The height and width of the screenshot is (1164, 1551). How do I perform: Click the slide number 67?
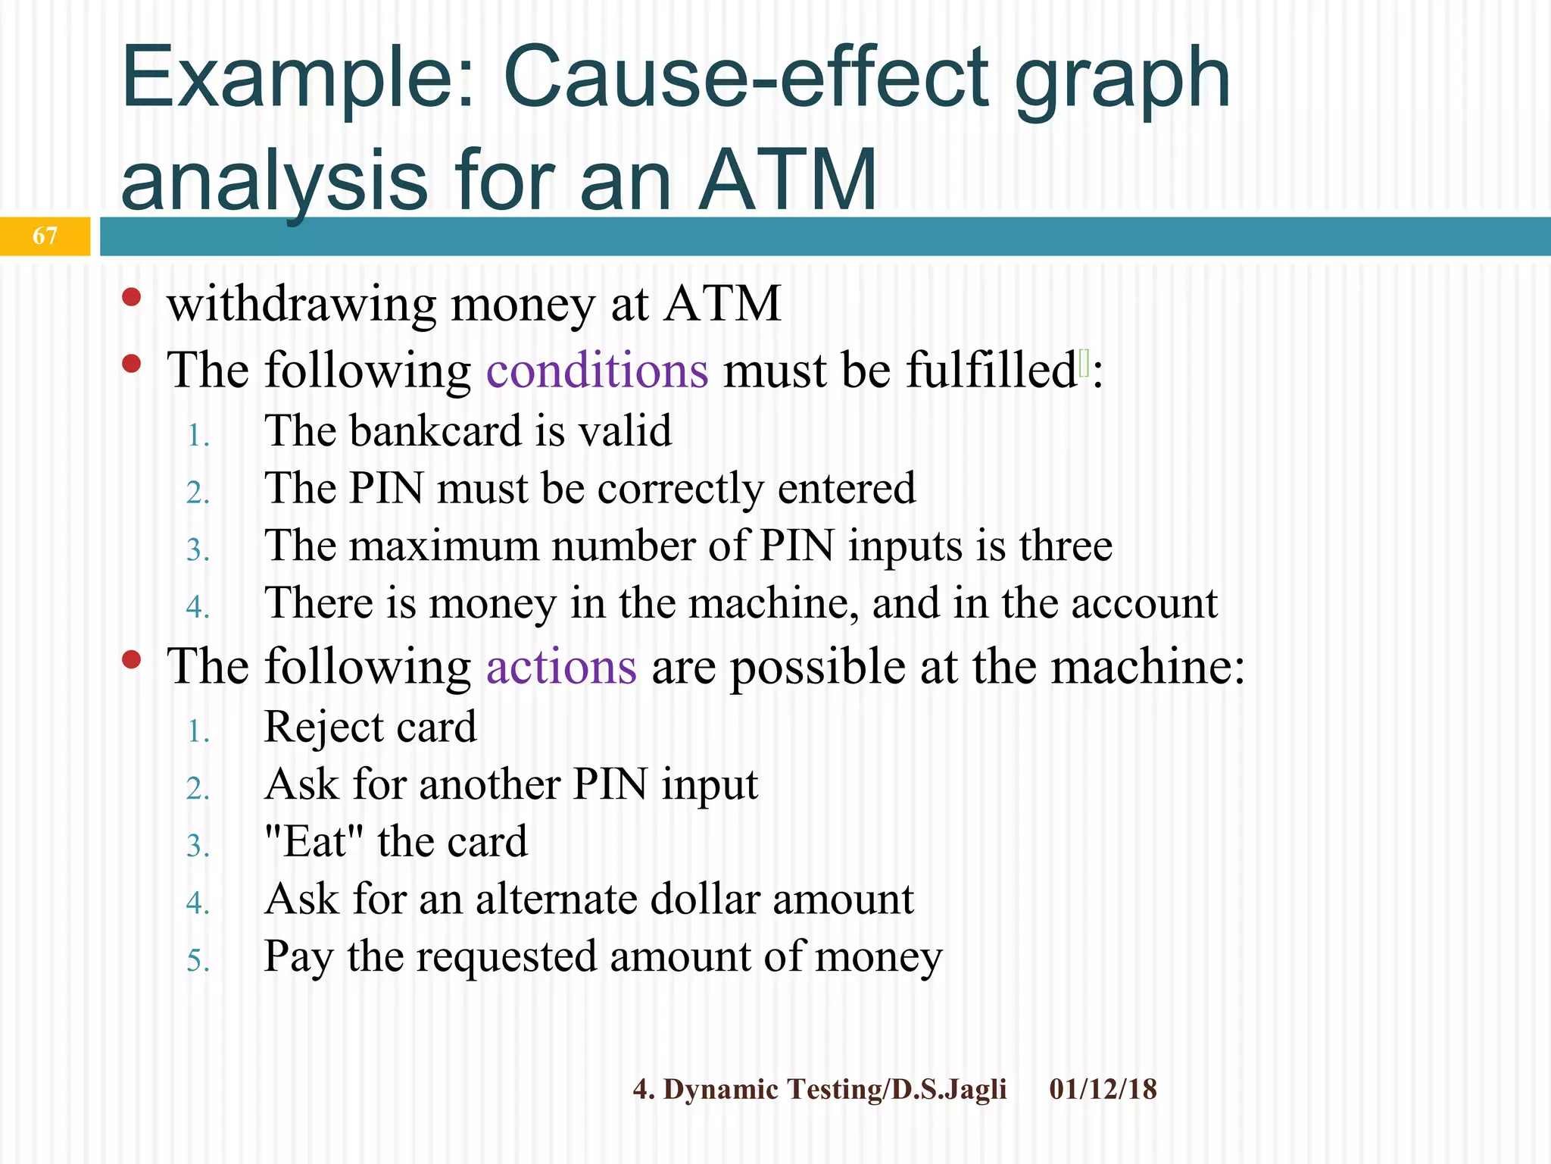click(45, 236)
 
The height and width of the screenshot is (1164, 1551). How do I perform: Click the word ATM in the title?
click(787, 180)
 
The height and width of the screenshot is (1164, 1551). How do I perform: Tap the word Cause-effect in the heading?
click(745, 77)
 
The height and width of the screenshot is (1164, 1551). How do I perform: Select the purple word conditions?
click(597, 371)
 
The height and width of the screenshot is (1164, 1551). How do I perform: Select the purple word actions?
click(561, 667)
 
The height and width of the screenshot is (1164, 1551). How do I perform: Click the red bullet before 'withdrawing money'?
click(132, 296)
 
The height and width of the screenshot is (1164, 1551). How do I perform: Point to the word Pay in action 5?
click(298, 956)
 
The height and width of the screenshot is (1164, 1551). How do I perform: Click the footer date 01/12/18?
click(1103, 1089)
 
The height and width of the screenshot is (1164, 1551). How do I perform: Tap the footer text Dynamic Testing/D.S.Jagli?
click(835, 1089)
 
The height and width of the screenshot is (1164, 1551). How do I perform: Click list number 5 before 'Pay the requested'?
click(198, 961)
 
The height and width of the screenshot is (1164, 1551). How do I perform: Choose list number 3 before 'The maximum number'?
click(198, 550)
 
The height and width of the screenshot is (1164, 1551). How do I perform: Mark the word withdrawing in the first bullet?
click(301, 304)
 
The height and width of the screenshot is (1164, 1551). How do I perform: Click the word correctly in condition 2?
click(680, 488)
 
